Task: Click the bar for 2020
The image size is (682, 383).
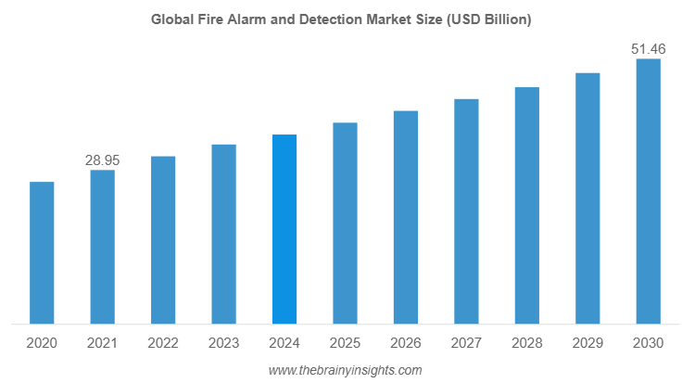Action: coord(42,253)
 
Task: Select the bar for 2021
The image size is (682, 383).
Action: coord(102,248)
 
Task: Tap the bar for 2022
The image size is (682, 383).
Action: coord(163,240)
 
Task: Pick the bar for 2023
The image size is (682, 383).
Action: coord(223,235)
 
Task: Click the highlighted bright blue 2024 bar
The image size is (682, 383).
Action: coord(284,230)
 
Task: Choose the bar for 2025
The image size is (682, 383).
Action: coord(345,223)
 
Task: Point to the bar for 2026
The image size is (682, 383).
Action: coord(406,218)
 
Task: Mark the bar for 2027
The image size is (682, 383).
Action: coord(466,211)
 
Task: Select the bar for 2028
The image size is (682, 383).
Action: coord(527,206)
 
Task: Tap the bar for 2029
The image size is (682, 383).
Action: coord(587,198)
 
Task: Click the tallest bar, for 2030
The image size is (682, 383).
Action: coord(648,192)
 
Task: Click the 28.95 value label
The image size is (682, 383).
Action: coord(102,160)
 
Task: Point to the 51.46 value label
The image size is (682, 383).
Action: coord(649,49)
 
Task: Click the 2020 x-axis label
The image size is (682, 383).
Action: coord(42,343)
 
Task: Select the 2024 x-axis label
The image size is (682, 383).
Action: coord(284,343)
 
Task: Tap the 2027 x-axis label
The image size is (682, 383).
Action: coord(466,343)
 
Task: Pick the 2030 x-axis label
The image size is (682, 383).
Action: coord(648,343)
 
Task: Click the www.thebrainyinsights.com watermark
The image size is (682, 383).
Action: coord(345,370)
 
